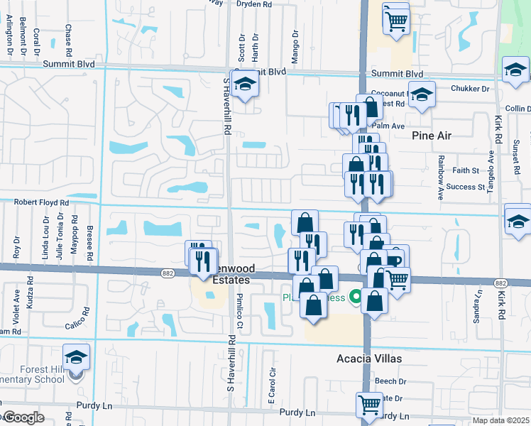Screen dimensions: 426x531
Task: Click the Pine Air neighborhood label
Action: point(432,135)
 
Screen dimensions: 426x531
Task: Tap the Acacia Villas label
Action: point(368,359)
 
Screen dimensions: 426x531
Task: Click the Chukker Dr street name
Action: point(470,89)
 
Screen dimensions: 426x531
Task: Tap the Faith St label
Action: point(466,170)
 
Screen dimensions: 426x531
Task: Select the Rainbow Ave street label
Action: point(440,174)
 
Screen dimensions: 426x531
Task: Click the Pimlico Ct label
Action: point(240,312)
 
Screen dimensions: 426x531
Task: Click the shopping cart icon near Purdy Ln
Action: point(369,405)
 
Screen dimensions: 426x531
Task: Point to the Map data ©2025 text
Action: point(501,420)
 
